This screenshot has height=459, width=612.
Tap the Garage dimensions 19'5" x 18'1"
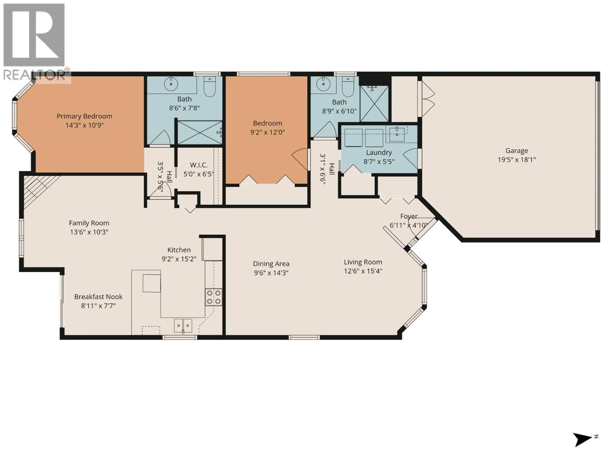point(517,160)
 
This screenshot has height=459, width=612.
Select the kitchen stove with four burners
point(213,297)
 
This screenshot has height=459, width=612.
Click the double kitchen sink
point(183,326)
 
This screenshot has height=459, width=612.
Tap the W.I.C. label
point(199,165)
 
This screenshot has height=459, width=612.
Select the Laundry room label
point(379,153)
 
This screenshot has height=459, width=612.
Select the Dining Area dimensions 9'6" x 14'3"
point(271,273)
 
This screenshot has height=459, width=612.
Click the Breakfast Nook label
point(98,297)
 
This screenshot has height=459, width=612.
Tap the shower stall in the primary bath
point(199,133)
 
